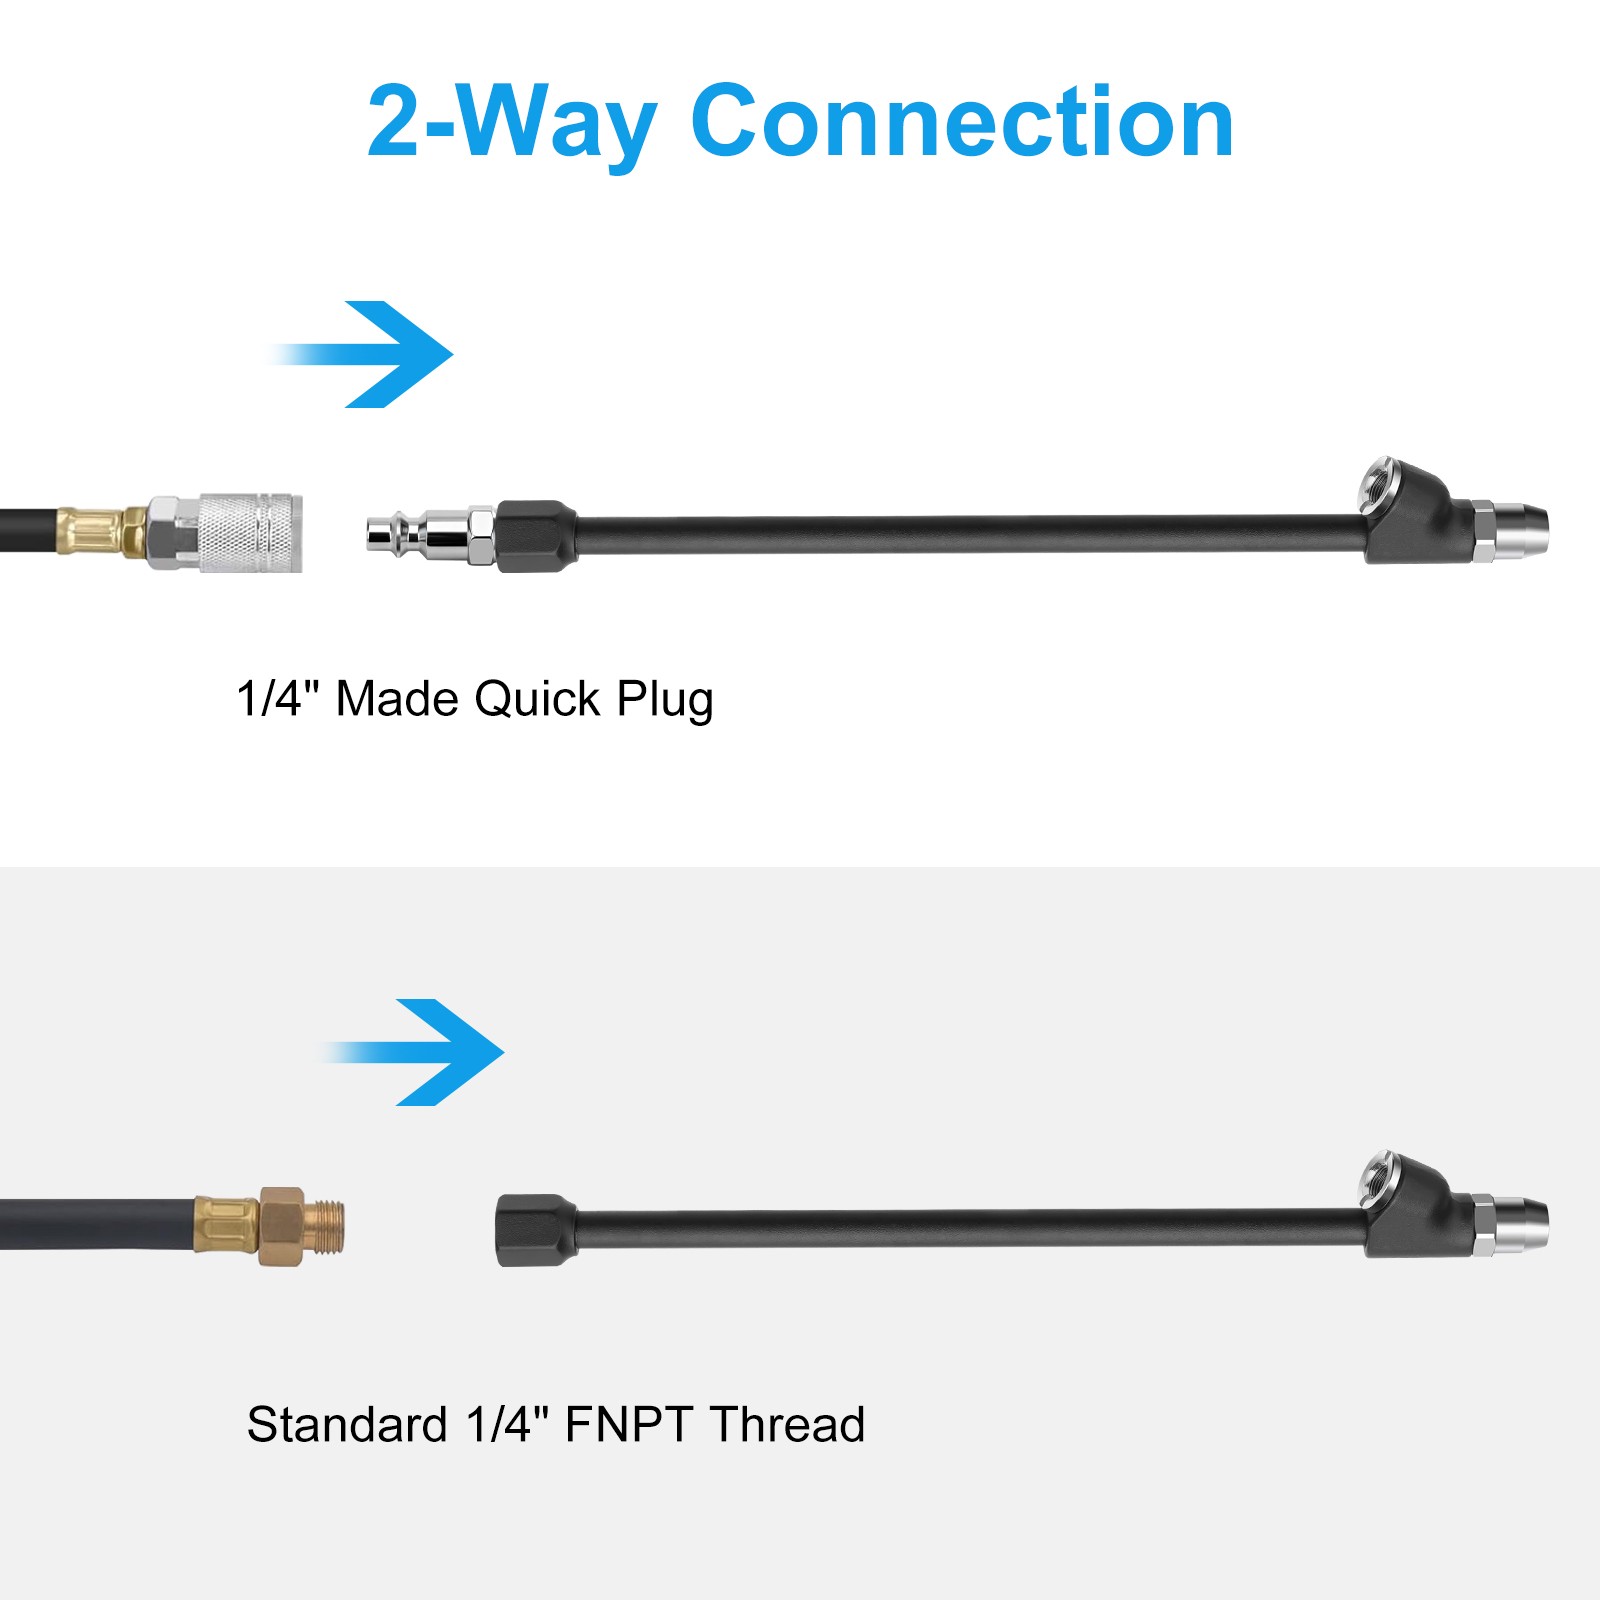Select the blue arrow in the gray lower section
(413, 1052)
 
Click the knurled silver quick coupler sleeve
(249, 533)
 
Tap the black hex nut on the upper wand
(536, 536)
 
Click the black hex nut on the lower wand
(536, 1230)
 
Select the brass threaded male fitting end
(324, 1226)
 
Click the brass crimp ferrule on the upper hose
(89, 531)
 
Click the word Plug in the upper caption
(665, 700)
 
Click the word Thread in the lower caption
(788, 1424)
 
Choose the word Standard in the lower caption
(347, 1424)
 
